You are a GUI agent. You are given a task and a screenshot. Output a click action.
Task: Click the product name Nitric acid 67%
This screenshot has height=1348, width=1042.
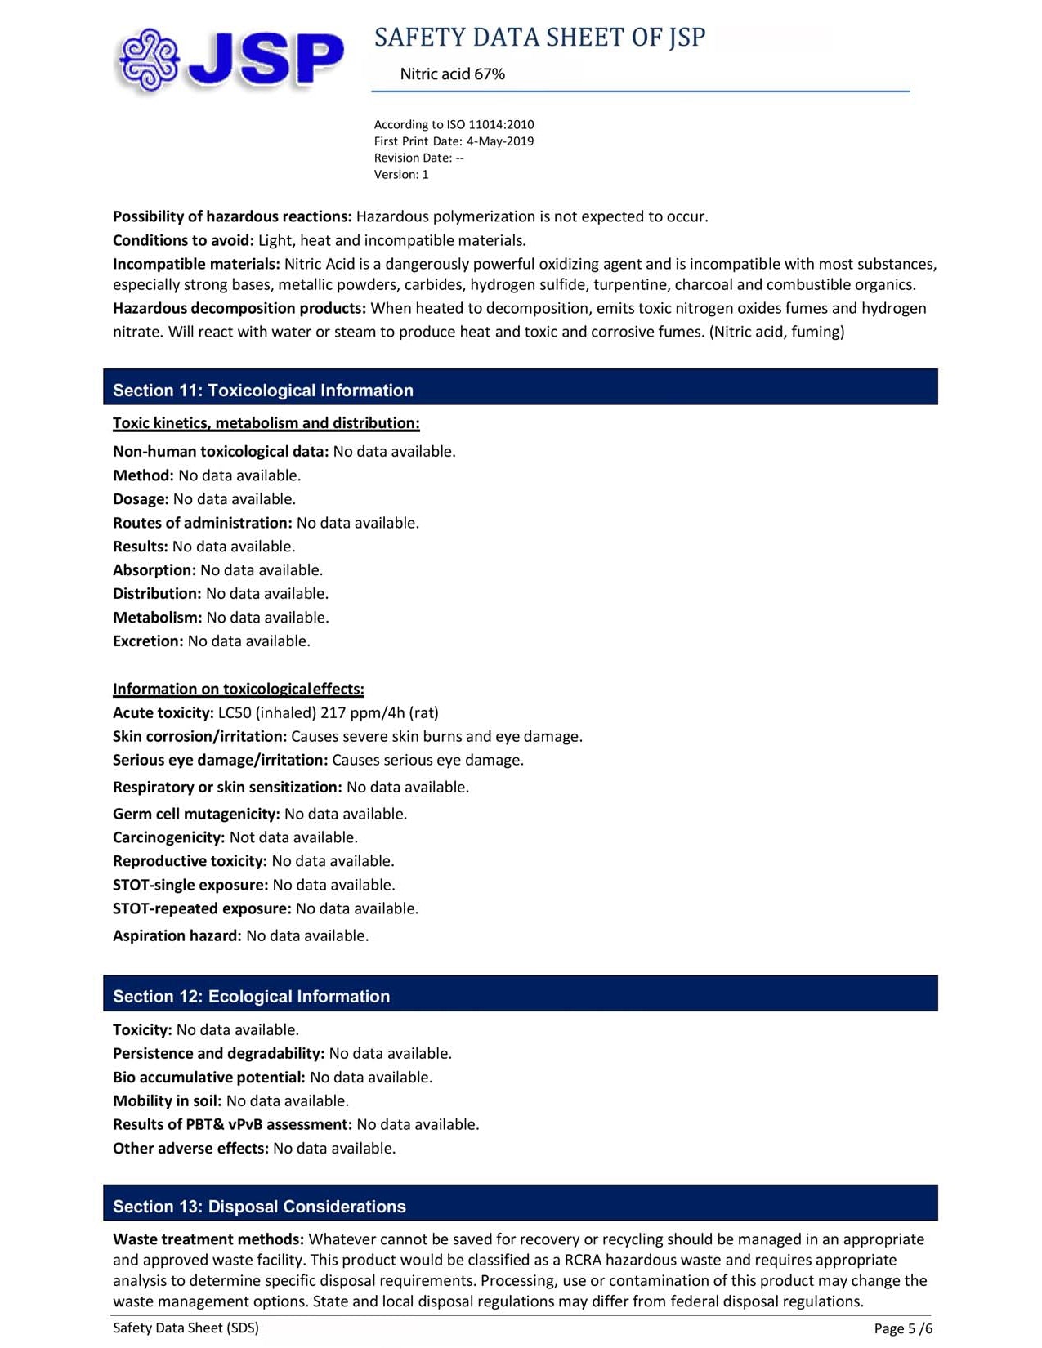click(x=452, y=74)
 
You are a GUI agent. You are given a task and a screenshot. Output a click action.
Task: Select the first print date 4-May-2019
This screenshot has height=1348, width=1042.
click(x=499, y=141)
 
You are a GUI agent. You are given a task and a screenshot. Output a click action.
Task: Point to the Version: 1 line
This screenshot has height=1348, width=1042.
click(x=400, y=175)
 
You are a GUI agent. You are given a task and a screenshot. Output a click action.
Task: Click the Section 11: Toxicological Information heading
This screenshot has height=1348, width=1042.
click(x=262, y=391)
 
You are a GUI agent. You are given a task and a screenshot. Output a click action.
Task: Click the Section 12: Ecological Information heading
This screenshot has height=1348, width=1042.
click(x=251, y=997)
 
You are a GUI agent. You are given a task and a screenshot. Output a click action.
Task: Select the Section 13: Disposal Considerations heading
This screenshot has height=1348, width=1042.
click(x=259, y=1207)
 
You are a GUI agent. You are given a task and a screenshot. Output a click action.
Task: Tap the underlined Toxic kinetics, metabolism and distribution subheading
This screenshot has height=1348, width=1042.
click(x=266, y=423)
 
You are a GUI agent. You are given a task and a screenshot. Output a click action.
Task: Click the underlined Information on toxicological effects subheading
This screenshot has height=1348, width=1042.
click(x=238, y=690)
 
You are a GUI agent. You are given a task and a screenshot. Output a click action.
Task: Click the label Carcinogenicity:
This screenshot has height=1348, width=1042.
click(x=168, y=838)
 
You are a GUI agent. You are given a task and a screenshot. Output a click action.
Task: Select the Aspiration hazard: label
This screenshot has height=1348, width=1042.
click(x=177, y=936)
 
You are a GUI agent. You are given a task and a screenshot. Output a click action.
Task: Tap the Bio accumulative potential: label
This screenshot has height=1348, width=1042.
click(x=208, y=1078)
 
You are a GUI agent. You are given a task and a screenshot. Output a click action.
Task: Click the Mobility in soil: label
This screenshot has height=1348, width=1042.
click(x=167, y=1101)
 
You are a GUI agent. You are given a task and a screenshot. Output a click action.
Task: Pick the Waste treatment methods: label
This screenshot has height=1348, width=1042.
click(x=208, y=1240)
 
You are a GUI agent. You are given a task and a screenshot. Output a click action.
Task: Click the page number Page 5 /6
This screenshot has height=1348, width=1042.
click(x=902, y=1329)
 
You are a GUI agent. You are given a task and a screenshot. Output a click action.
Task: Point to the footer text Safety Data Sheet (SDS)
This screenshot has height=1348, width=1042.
click(x=186, y=1328)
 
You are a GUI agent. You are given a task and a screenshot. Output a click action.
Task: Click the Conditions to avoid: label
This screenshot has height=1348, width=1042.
click(x=183, y=241)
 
